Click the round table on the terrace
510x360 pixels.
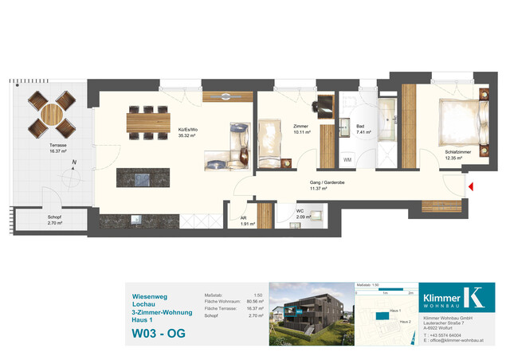pyautogui.click(x=50, y=114)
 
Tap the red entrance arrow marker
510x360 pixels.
pyautogui.click(x=471, y=187)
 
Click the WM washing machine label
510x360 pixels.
pyautogui.click(x=347, y=160)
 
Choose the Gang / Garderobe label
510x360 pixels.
pyautogui.click(x=327, y=182)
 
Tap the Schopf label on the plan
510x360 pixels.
pyautogui.click(x=55, y=216)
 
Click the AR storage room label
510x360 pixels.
pyautogui.click(x=247, y=220)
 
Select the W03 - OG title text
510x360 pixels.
pyautogui.click(x=159, y=333)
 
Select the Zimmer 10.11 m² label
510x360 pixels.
pyautogui.click(x=300, y=129)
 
